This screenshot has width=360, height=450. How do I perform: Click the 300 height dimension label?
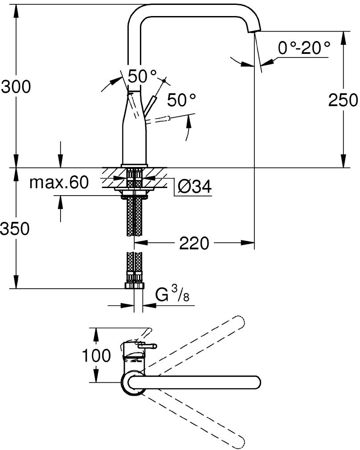tap(16, 86)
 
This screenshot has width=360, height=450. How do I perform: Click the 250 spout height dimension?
tap(343, 100)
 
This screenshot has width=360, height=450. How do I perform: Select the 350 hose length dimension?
tap(15, 229)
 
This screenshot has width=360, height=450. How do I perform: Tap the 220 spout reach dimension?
tap(194, 243)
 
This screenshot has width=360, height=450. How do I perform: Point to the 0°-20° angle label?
tap(304, 48)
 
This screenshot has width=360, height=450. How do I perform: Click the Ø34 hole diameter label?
tap(195, 187)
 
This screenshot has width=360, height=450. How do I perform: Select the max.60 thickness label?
tap(59, 182)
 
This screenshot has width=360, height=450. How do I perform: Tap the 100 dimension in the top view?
tap(96, 355)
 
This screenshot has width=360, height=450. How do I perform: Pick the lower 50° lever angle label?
tap(181, 100)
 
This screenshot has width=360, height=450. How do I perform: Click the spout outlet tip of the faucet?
tap(254, 30)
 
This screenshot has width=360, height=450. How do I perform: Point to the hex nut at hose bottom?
tap(135, 286)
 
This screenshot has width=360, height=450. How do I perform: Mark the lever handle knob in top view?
tap(147, 346)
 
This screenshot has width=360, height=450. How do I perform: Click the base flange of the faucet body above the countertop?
tap(134, 166)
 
